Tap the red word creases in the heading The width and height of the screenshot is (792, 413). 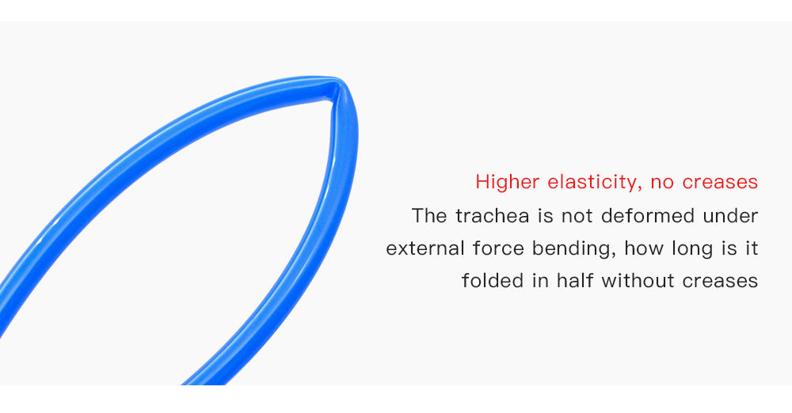(x=720, y=182)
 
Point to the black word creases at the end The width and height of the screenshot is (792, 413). (x=720, y=281)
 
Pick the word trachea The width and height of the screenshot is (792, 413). (x=493, y=216)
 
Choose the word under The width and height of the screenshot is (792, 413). (x=730, y=216)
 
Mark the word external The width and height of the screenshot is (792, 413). (x=425, y=248)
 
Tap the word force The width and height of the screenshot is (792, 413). (x=498, y=248)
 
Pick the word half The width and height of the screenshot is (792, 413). (x=575, y=281)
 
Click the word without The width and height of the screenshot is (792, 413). (x=638, y=281)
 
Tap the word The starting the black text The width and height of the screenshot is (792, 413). (x=429, y=216)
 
